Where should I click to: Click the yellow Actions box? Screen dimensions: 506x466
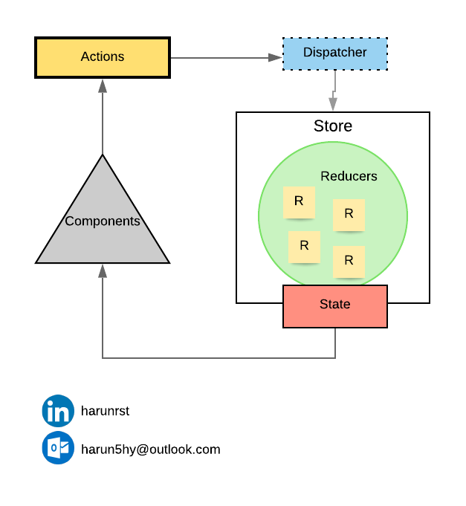click(103, 57)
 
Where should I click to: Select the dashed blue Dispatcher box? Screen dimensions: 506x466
click(334, 53)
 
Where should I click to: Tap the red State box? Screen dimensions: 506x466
click(334, 305)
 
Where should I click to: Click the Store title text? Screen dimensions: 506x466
click(332, 126)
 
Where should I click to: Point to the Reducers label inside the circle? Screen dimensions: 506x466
click(349, 177)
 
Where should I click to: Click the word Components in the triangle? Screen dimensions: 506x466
click(103, 221)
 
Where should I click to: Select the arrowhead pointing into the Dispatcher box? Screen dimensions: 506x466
click(276, 57)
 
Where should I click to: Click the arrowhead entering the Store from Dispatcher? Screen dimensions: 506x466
click(333, 105)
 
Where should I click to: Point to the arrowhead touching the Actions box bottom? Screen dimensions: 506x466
click(103, 85)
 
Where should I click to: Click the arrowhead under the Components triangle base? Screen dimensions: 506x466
click(103, 271)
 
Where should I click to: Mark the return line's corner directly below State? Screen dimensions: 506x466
click(335, 358)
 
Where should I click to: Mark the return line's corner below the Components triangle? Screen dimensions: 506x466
click(103, 358)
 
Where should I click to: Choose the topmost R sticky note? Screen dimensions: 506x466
click(299, 201)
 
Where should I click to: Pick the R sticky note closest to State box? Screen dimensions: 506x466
click(349, 261)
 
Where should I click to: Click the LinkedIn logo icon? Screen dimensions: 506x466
click(58, 410)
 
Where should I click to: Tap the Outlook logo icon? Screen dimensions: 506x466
click(58, 448)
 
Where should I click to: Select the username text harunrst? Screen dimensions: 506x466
click(105, 411)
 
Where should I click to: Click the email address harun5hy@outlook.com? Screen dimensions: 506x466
click(150, 450)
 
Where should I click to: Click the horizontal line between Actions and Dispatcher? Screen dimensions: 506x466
click(219, 57)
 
